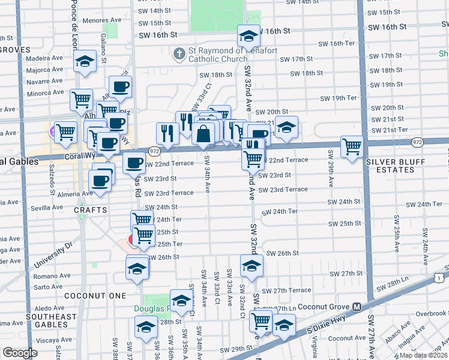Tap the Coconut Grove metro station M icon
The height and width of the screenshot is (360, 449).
pos(357,307)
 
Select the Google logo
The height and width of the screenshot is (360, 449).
pos(20,353)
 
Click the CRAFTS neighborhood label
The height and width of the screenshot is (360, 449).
pos(91,210)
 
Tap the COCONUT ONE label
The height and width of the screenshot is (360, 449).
pos(97,296)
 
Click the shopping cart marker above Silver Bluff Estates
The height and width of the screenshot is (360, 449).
pos(351,146)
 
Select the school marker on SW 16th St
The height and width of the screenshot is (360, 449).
pos(248,37)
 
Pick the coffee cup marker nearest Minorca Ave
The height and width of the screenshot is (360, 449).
pos(120,86)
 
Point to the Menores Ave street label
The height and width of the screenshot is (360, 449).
pos(86,20)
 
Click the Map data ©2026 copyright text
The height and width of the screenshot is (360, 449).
pos(423,355)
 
